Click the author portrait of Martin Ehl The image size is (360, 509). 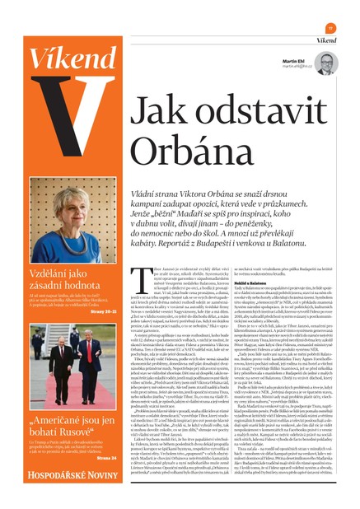click(x=325, y=63)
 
